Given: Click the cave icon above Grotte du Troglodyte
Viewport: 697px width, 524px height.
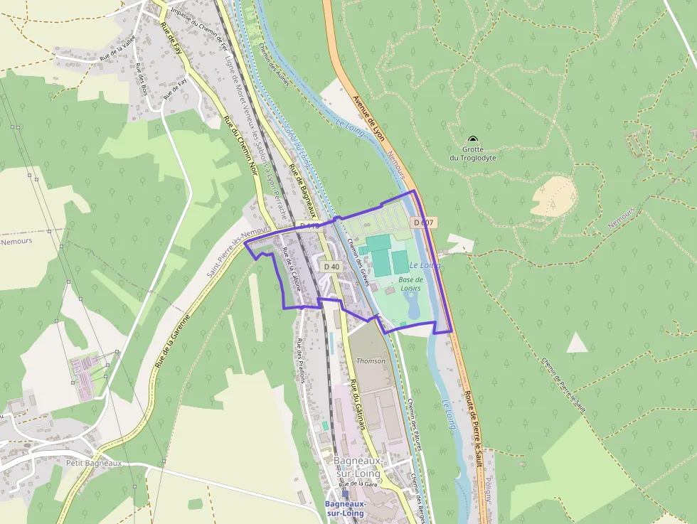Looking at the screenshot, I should pos(473,139).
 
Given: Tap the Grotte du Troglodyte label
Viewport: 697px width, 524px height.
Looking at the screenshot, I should pos(473,154).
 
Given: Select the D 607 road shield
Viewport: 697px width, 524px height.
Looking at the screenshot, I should pos(423,223).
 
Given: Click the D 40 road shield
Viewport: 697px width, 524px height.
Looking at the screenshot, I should pos(331,266).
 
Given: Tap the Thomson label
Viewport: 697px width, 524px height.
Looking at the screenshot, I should pos(371,360).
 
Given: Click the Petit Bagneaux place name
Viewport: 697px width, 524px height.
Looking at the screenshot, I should pos(93,463).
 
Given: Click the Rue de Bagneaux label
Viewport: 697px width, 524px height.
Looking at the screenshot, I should pos(302,191).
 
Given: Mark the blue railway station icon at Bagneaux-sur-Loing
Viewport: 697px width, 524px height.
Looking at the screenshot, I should pos(345,493).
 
